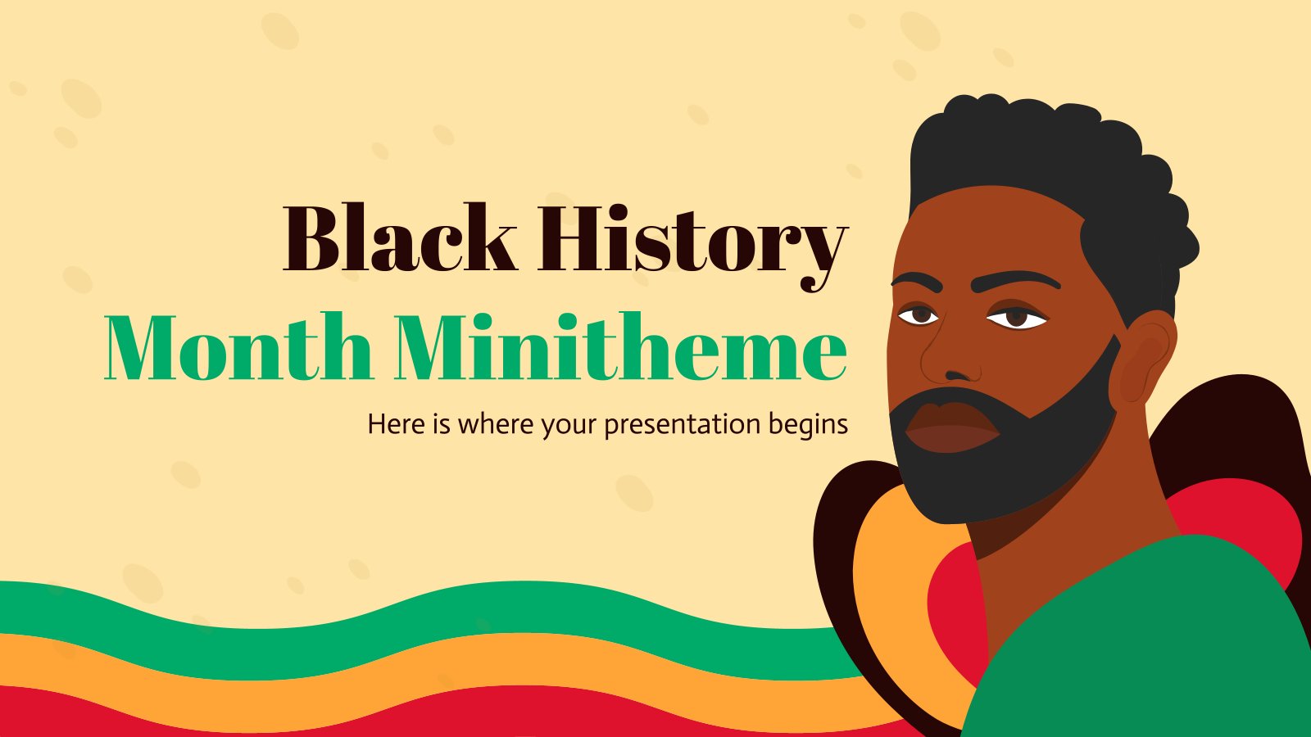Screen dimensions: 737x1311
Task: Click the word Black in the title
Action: [400, 239]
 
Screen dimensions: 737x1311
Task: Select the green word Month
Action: [238, 348]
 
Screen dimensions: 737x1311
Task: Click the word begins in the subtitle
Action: [808, 426]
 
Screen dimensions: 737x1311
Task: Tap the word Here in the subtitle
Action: [397, 424]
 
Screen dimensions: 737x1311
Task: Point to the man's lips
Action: [950, 429]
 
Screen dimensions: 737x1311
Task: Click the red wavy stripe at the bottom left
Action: [164, 712]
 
